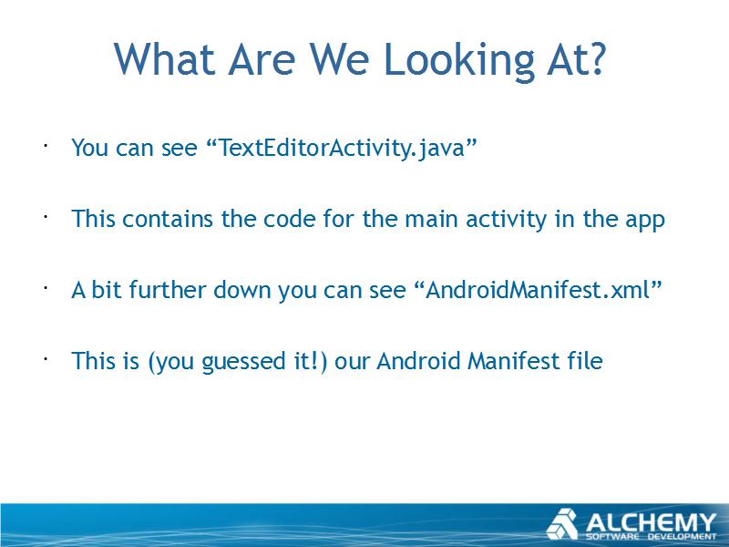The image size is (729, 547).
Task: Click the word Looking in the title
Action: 460,61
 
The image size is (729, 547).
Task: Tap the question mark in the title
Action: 595,58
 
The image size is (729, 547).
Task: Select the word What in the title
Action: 165,58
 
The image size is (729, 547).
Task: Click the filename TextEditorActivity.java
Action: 342,149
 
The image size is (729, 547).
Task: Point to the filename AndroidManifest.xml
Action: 537,290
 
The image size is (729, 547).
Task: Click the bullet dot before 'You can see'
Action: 46,146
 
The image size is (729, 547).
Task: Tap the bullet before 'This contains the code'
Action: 46,217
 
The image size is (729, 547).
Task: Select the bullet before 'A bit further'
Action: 46,288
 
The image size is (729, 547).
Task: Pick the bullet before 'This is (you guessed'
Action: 46,359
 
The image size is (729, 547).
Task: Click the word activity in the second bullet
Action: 507,220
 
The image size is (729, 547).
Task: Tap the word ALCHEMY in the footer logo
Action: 651,521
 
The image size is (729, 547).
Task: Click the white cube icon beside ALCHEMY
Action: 562,523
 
